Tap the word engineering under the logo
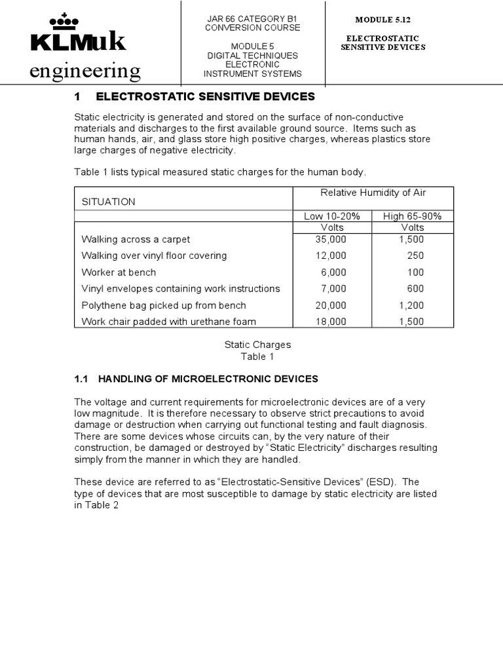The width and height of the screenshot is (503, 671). (x=85, y=70)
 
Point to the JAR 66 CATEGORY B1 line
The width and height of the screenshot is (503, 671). (x=253, y=18)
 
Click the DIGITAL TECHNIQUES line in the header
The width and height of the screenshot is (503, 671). (x=253, y=56)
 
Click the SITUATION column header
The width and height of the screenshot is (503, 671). (x=108, y=202)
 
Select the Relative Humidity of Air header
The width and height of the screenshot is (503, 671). (x=372, y=192)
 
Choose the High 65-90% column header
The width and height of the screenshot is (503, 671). (x=413, y=216)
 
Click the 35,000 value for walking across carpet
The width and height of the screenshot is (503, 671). (x=331, y=239)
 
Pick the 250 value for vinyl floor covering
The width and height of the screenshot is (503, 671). (x=415, y=256)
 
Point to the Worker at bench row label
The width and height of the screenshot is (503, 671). (x=119, y=272)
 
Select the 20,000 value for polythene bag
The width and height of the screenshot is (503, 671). (x=331, y=305)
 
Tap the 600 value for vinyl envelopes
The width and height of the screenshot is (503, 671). (x=415, y=288)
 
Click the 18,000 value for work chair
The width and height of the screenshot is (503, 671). (x=331, y=321)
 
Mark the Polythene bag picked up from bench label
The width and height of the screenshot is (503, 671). (x=164, y=305)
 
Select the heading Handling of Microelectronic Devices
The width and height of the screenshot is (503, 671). (x=207, y=379)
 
